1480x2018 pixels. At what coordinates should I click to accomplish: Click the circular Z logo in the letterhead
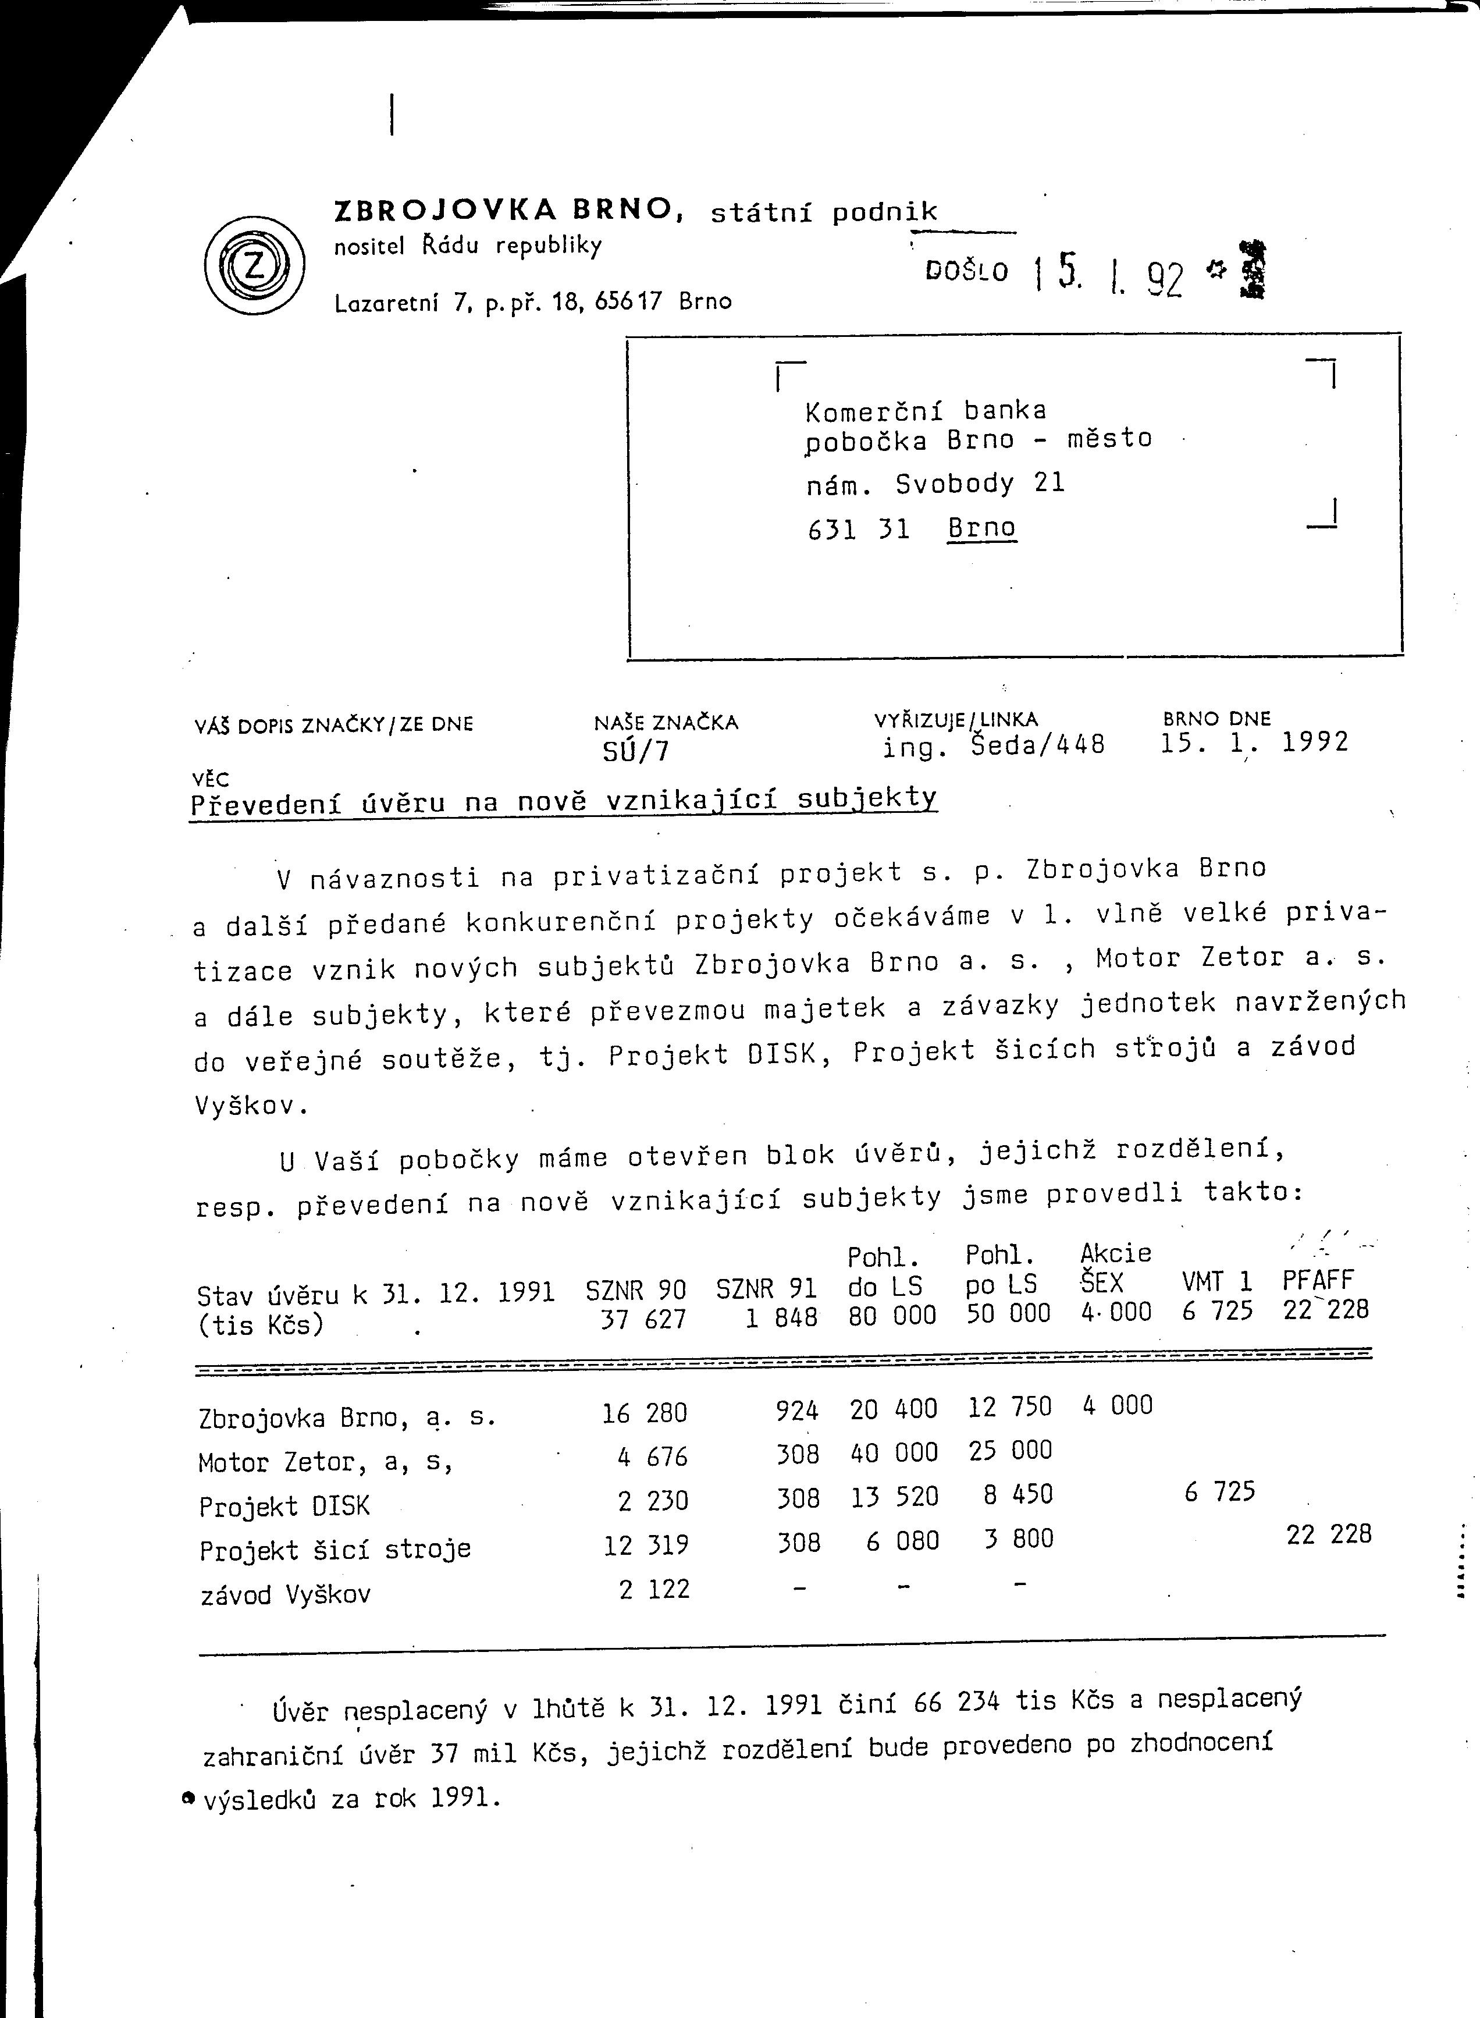pyautogui.click(x=254, y=266)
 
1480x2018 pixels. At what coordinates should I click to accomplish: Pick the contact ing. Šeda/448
pyautogui.click(x=994, y=745)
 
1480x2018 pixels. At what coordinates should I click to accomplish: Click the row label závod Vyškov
pyautogui.click(x=285, y=1594)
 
